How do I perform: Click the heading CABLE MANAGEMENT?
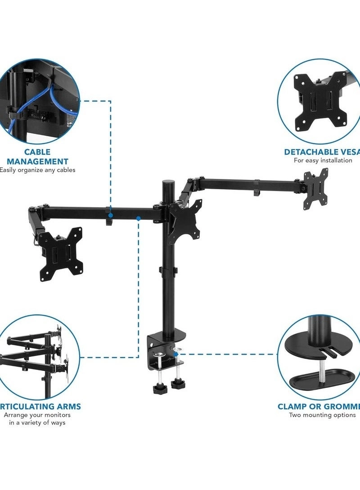click(37, 157)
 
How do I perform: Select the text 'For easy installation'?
click(323, 160)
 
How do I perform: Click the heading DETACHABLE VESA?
click(322, 152)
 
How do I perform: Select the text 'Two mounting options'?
click(322, 415)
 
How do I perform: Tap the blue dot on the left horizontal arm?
click(139, 218)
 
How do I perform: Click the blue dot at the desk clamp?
click(176, 355)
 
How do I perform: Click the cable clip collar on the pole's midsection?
click(168, 272)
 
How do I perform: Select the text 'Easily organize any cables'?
click(37, 170)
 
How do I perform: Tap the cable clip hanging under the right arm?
click(256, 188)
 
